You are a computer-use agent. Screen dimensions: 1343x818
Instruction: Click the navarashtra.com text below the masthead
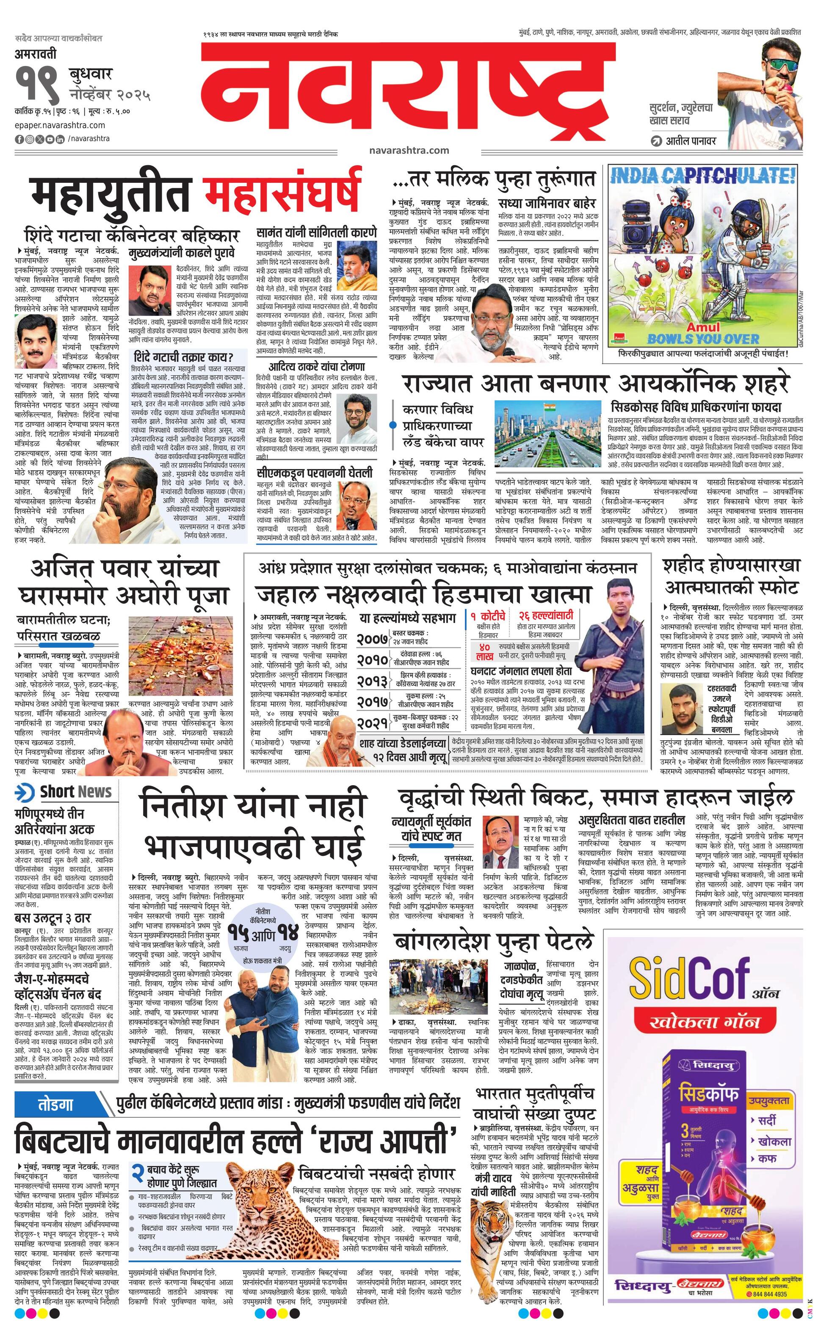tap(409, 150)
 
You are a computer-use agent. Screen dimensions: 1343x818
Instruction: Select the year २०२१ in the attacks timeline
tap(373, 723)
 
